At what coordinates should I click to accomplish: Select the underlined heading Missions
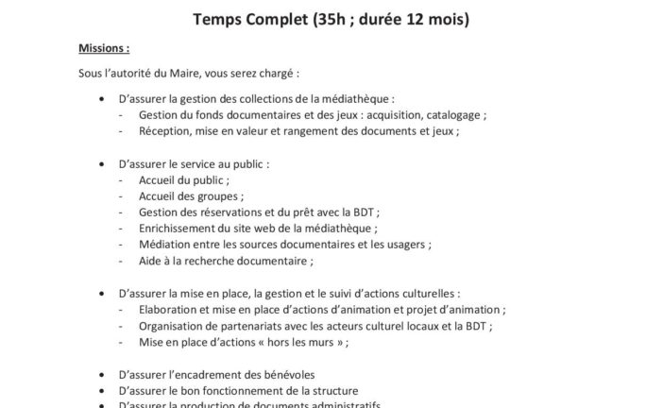tap(103, 48)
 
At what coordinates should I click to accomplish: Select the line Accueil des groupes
tap(189, 196)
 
